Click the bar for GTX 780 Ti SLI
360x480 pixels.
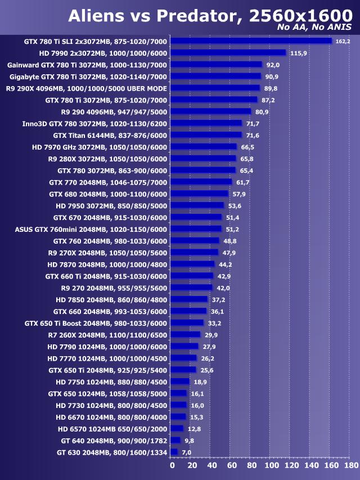click(251, 41)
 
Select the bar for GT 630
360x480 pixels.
click(174, 452)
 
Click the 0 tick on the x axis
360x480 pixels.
click(172, 466)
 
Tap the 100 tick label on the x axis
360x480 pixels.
click(271, 466)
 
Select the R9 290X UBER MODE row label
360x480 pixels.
click(87, 88)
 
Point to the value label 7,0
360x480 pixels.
click(186, 452)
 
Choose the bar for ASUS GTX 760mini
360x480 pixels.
click(196, 229)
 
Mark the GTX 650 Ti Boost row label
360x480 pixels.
click(96, 323)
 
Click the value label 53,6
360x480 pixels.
click(235, 205)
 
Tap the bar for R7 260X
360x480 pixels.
click(185, 335)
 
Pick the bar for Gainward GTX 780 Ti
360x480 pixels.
click(216, 65)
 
